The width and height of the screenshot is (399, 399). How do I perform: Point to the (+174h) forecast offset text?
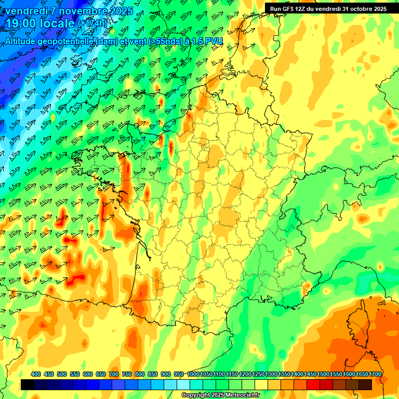[94, 23]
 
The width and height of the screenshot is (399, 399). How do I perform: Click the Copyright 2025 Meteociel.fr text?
[221, 395]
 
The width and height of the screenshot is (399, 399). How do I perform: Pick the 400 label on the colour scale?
[36, 374]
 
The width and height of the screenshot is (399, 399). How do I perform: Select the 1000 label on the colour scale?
[193, 374]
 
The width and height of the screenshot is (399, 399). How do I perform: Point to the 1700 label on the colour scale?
[375, 374]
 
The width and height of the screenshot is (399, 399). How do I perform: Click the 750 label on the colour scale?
[127, 374]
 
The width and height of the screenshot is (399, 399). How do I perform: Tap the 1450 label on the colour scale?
[310, 374]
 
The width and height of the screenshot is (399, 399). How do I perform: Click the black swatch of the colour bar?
[28, 384]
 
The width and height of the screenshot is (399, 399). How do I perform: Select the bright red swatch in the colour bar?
[313, 384]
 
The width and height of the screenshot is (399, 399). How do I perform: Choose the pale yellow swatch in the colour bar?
[261, 384]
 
